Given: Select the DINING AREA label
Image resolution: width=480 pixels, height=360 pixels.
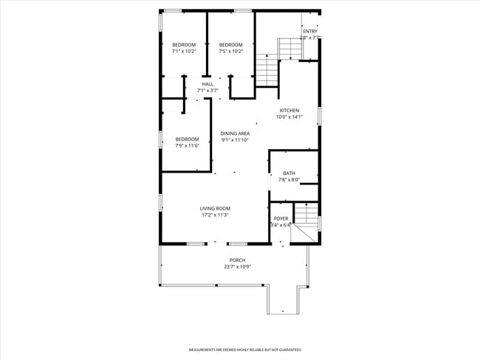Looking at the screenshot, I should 235,134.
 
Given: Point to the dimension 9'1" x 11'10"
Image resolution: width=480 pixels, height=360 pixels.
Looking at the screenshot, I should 235,140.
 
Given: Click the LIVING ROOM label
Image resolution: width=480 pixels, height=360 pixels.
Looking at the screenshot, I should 215,209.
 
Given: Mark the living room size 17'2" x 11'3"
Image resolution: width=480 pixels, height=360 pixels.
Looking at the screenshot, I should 215,215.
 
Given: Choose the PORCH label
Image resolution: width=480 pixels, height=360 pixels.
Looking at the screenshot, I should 237,260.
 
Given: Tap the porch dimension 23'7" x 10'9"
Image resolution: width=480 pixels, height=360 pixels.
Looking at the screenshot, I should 237,267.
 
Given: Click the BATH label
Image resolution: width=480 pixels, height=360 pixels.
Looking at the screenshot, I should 289,173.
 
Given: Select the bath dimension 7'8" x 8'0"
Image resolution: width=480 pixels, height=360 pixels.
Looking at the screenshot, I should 289,180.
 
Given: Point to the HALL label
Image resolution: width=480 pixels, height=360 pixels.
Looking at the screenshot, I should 208,84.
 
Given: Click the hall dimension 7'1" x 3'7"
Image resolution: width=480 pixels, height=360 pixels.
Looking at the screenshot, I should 208,91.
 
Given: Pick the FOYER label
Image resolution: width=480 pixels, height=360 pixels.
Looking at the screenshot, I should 281,218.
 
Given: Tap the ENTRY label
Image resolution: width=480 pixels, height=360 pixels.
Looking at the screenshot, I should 309,31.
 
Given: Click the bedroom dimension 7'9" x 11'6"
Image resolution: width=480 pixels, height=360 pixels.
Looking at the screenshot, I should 187,145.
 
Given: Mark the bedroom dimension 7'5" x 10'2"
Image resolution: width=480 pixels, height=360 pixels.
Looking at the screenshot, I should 231,52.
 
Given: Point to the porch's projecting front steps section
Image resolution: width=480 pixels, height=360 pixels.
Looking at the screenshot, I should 287,300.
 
